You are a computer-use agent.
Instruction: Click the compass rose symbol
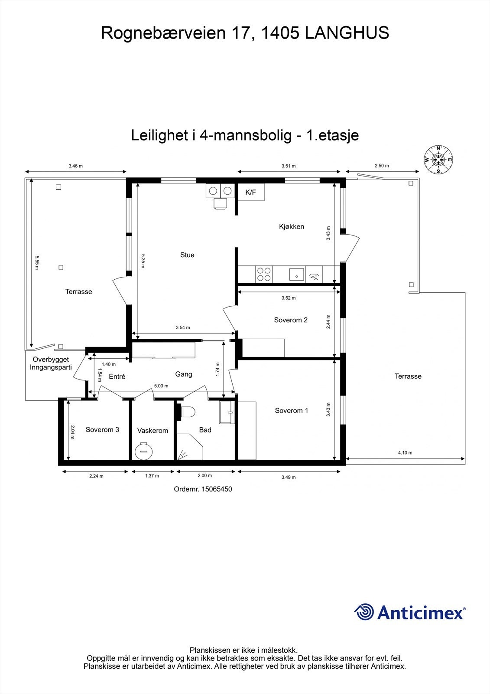click(438, 160)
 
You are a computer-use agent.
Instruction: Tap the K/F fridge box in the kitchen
click(251, 192)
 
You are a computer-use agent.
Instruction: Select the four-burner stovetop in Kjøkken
click(264, 274)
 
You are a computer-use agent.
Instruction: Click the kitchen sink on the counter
click(296, 274)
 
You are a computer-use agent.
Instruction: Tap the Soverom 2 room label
click(291, 320)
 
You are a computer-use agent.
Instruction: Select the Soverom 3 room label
click(102, 430)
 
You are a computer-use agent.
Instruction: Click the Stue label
click(187, 255)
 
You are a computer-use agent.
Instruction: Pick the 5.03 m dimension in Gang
click(161, 386)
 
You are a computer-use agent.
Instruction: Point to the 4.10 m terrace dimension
click(405, 453)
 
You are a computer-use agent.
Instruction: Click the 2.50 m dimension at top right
click(382, 166)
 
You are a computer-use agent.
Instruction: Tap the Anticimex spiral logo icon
click(364, 612)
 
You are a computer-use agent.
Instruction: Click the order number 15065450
click(217, 489)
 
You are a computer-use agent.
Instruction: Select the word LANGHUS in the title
click(347, 33)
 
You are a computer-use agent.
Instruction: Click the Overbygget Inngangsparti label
click(51, 363)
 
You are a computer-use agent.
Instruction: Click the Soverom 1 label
click(292, 411)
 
